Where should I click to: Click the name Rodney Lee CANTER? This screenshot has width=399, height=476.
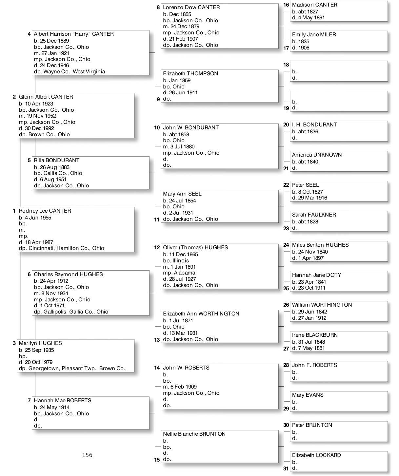click(x=45, y=211)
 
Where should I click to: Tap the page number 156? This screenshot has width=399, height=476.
click(x=87, y=455)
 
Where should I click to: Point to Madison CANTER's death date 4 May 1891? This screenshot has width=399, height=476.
click(x=311, y=18)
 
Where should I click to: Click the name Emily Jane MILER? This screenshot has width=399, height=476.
click(x=314, y=35)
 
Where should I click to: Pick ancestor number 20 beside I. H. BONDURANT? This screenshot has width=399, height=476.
click(x=286, y=125)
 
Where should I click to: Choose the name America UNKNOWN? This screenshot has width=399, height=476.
click(x=317, y=155)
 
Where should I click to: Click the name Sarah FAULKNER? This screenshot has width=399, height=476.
click(x=314, y=215)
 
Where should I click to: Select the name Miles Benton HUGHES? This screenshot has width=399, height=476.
click(x=320, y=245)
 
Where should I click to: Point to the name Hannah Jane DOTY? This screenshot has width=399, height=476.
click(x=316, y=275)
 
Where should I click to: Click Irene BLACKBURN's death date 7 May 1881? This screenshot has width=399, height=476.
click(x=311, y=348)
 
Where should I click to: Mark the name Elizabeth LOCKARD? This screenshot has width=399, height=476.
click(x=316, y=455)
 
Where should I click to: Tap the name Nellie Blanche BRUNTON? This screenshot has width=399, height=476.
click(x=194, y=434)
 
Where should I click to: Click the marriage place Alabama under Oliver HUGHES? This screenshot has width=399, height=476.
click(x=184, y=273)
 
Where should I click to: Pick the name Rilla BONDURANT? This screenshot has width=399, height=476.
click(x=56, y=161)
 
